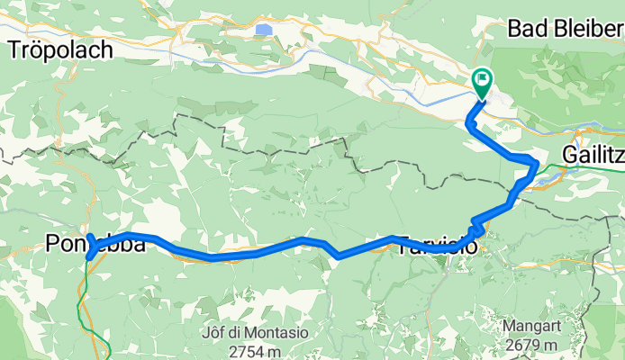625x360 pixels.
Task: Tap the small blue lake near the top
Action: coord(263,30)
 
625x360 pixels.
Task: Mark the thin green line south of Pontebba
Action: coord(86,297)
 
